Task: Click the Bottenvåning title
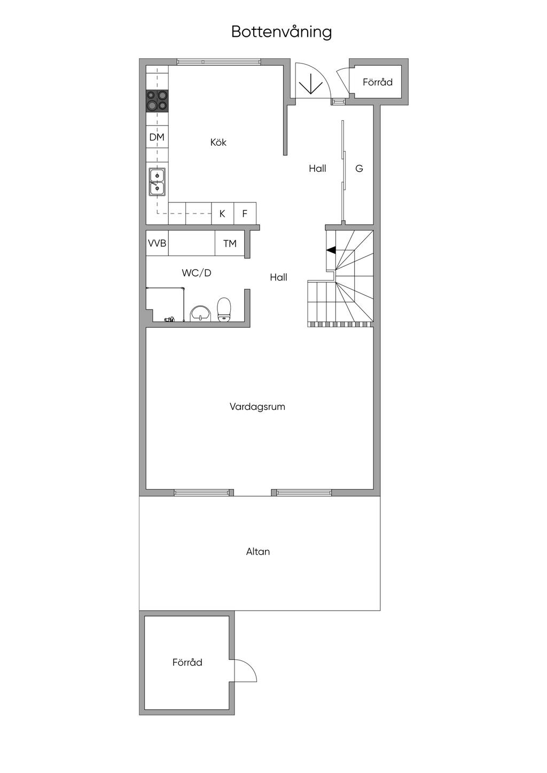pyautogui.click(x=282, y=32)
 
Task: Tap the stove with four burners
pyautogui.click(x=157, y=101)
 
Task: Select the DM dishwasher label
pyautogui.click(x=157, y=137)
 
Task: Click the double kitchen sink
pyautogui.click(x=157, y=182)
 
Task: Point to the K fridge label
pyautogui.click(x=222, y=214)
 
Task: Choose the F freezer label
pyautogui.click(x=245, y=214)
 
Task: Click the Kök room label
pyautogui.click(x=218, y=142)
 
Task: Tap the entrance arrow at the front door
pyautogui.click(x=311, y=83)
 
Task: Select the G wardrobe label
pyautogui.click(x=359, y=169)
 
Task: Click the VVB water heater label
pyautogui.click(x=157, y=243)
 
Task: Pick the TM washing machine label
pyautogui.click(x=230, y=243)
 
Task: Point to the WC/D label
pyautogui.click(x=197, y=273)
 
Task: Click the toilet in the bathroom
pyautogui.click(x=224, y=310)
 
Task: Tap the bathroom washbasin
pyautogui.click(x=200, y=313)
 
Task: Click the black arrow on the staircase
pyautogui.click(x=331, y=250)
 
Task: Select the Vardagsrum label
pyautogui.click(x=257, y=406)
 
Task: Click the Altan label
pyautogui.click(x=258, y=551)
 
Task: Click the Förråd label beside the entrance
pyautogui.click(x=378, y=82)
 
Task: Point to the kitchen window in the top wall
pyautogui.click(x=220, y=62)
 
